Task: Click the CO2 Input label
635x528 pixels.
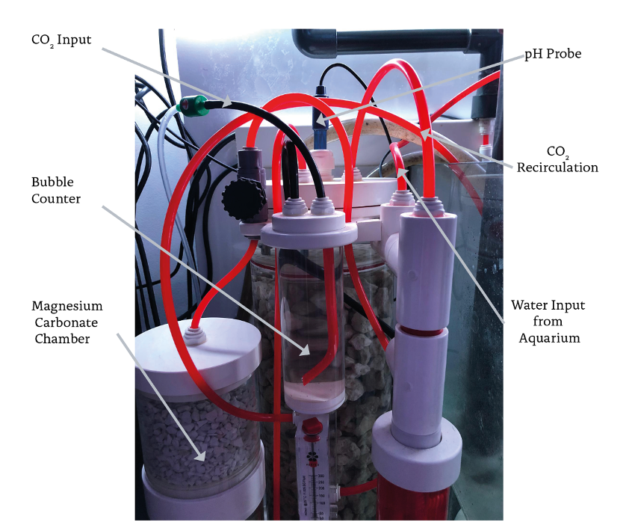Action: tap(61, 40)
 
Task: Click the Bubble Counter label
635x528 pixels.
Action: tap(56, 191)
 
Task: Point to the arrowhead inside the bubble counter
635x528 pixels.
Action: tap(307, 349)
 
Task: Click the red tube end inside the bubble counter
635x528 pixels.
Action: tap(306, 381)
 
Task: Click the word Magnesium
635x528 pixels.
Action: tap(67, 307)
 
